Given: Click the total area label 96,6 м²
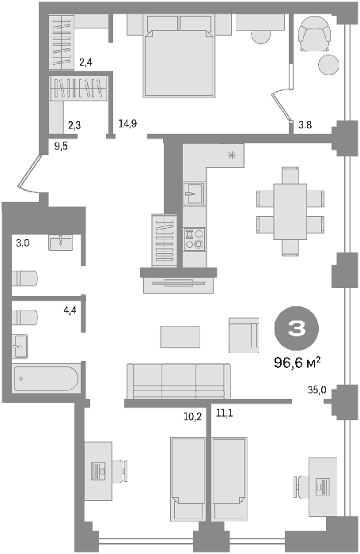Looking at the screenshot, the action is (297, 362).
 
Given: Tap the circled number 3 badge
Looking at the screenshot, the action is (297, 328).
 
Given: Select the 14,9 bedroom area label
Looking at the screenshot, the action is (127, 124).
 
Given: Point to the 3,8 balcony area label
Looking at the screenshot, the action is (305, 125).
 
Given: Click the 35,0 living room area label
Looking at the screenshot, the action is (317, 390).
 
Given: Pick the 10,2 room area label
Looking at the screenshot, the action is (192, 417).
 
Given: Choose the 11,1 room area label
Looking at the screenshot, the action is (225, 412).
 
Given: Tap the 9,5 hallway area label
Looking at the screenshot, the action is (61, 146).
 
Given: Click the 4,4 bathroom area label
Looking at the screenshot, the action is (70, 310).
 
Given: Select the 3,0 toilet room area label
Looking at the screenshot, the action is (23, 243).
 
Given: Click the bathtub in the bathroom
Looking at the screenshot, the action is (45, 378).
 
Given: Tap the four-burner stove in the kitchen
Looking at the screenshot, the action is (195, 239).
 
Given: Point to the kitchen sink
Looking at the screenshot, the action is (194, 193).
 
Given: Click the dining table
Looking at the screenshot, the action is (290, 211).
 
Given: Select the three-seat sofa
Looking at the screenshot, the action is (179, 381).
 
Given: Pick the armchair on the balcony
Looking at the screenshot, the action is (314, 34).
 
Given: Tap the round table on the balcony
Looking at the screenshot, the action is (328, 65).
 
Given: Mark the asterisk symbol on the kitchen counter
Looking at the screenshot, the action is (232, 154).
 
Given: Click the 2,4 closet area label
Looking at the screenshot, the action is (86, 63).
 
